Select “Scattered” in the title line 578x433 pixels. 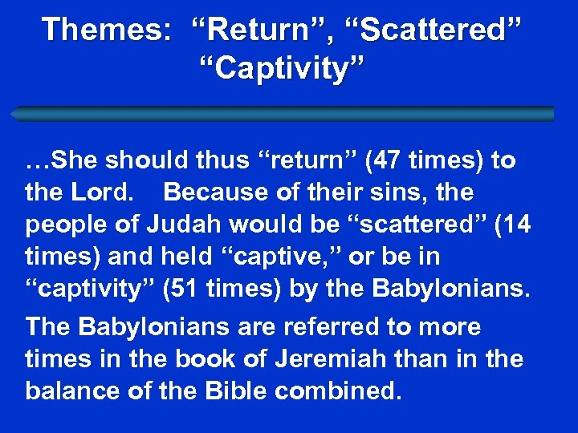point(433,30)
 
